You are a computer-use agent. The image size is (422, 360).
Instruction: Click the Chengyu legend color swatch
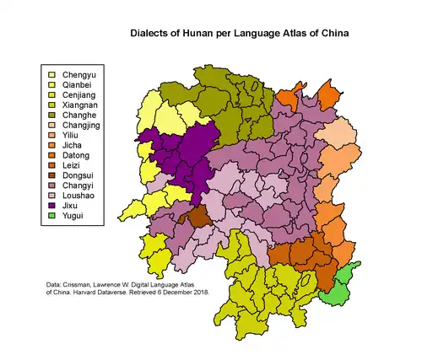[x=51, y=75]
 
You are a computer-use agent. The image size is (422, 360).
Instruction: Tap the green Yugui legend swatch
[x=51, y=216]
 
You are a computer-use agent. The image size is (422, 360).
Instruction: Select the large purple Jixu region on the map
[x=181, y=156]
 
